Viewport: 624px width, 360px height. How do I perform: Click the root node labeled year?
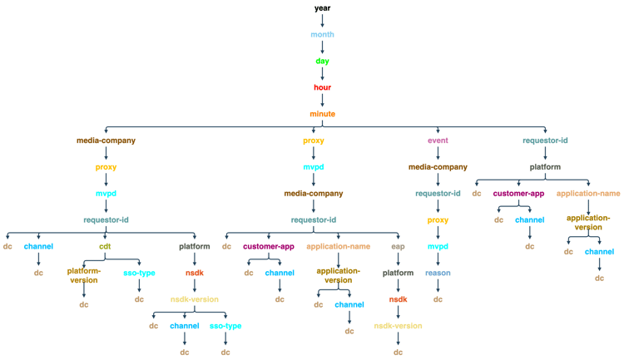322,8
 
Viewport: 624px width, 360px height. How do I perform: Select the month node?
322,35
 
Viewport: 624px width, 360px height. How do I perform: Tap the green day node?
322,62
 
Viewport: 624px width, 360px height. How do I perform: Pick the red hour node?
322,87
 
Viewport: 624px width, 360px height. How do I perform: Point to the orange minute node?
322,114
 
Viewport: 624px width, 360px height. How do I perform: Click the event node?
438,141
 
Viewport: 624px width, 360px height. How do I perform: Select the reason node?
438,273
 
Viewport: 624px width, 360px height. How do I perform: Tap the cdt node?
106,246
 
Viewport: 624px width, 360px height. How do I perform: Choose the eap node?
399,246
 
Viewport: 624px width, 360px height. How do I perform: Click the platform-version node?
84,275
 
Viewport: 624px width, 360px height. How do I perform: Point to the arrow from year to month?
322,22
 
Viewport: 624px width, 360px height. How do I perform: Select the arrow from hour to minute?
322,101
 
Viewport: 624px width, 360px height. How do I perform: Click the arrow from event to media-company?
438,154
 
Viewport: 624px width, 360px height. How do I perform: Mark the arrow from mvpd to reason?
438,259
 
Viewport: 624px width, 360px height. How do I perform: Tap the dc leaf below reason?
438,299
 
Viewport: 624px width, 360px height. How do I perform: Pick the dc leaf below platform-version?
84,305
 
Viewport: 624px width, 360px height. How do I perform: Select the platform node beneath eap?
399,273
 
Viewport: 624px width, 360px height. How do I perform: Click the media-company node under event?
438,167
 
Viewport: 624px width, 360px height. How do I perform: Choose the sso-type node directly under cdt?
139,273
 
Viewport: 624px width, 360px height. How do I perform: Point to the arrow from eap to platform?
399,259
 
